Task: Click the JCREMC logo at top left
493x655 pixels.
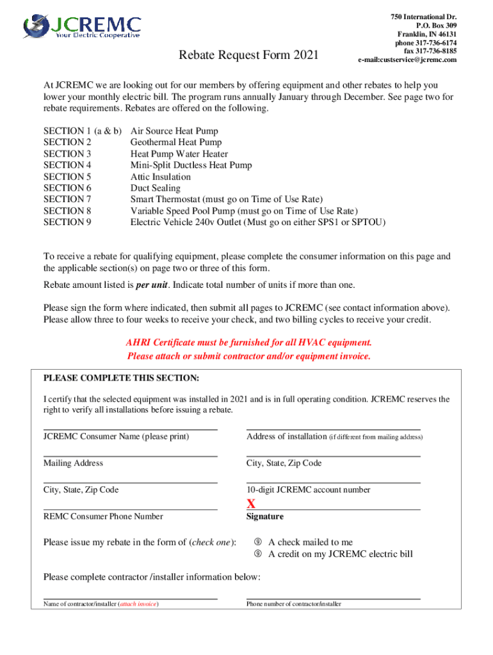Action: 82,27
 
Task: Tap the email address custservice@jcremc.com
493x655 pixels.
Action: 407,59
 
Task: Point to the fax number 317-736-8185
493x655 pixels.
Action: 424,51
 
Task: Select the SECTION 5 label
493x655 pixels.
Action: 67,177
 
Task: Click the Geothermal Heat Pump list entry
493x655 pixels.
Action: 176,142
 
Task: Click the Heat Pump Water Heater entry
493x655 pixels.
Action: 179,154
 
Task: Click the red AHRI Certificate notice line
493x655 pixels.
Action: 249,343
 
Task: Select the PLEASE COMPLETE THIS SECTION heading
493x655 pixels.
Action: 121,377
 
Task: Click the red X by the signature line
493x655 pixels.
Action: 251,504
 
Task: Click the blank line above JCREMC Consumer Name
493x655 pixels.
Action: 130,429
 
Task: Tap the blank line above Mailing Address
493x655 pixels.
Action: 130,456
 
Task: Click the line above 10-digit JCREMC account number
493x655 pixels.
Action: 333,482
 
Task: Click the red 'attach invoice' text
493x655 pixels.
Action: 138,604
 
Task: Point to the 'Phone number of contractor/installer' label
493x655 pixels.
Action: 294,604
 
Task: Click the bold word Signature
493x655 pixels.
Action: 265,517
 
